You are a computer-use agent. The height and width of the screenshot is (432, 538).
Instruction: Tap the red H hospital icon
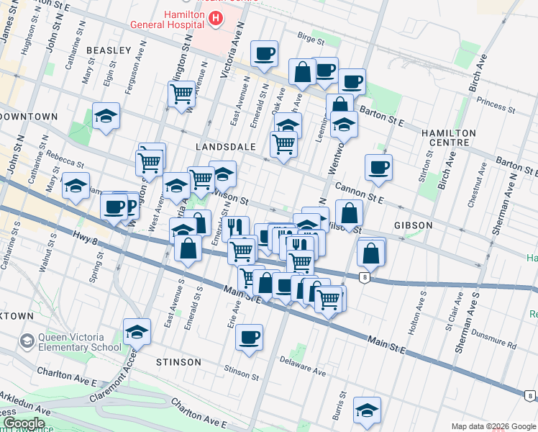tap(214, 18)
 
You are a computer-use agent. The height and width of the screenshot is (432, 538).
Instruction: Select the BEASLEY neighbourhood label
tap(109, 50)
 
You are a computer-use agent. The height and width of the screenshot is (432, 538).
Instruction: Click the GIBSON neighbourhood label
tap(413, 225)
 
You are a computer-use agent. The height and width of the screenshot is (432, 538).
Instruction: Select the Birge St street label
tap(311, 35)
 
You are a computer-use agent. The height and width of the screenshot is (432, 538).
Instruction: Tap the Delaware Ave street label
tap(303, 367)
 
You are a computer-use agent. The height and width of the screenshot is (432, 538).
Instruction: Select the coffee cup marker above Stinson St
tap(249, 336)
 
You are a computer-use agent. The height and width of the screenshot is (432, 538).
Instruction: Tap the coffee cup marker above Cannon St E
tap(378, 167)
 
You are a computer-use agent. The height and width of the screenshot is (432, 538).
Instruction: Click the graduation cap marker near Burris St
tap(367, 410)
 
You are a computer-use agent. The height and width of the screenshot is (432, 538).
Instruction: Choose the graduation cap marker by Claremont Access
tap(136, 331)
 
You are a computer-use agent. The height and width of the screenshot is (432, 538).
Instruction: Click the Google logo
tap(23, 423)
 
